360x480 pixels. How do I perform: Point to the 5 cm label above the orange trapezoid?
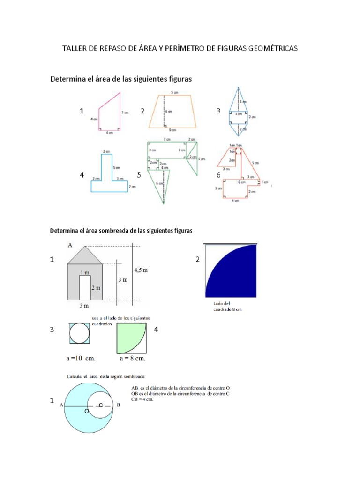174,93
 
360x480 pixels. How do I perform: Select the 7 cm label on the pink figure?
124,112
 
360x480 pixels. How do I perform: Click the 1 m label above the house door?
85,272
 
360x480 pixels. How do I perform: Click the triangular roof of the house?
85,256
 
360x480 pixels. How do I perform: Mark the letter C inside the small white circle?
100,405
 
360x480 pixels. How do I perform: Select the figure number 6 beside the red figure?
218,175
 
